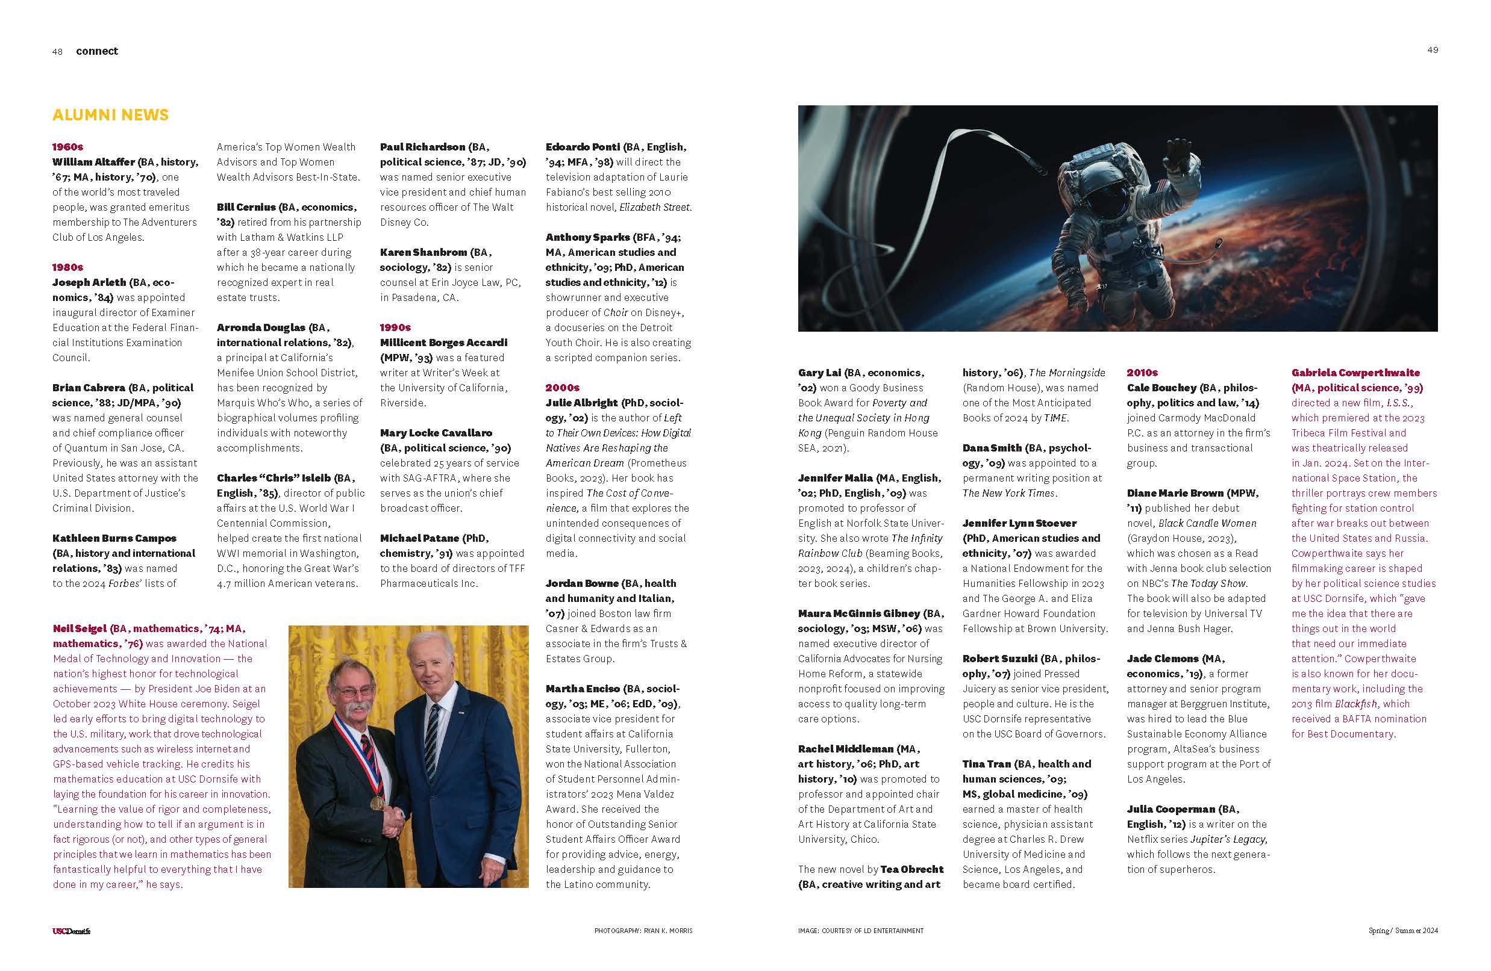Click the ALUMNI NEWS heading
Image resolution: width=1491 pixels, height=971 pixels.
pos(111,115)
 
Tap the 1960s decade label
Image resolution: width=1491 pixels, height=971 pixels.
pos(67,147)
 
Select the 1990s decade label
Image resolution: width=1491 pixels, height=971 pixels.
pos(395,327)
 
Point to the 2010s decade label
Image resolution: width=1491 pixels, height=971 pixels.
pos(1142,373)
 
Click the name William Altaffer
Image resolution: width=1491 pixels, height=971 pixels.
pos(94,162)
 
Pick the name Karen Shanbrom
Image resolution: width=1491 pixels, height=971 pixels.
pos(424,252)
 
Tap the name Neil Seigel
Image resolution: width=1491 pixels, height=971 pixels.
pos(80,628)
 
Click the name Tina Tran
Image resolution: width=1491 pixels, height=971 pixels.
pos(987,764)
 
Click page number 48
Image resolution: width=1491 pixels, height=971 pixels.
pos(58,52)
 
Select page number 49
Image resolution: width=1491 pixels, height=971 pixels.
pos(1432,50)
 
